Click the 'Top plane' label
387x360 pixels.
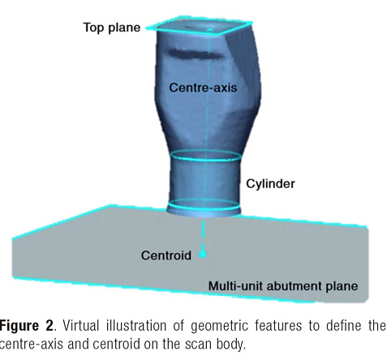click(x=112, y=28)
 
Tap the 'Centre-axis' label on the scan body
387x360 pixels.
click(x=203, y=88)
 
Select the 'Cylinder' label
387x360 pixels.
click(x=270, y=184)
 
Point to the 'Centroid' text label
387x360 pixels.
click(x=166, y=255)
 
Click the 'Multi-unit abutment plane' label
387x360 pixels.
click(x=283, y=286)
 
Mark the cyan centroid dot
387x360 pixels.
click(x=203, y=255)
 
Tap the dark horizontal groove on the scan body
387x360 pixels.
click(x=196, y=54)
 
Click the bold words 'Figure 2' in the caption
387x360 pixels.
click(x=27, y=326)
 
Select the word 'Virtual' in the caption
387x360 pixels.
click(x=81, y=326)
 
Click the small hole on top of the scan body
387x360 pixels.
click(x=210, y=30)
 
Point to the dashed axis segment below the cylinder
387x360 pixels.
click(x=203, y=234)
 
